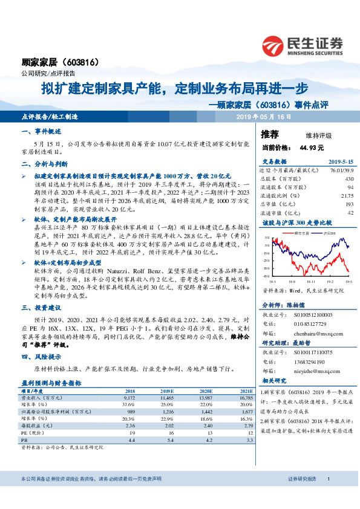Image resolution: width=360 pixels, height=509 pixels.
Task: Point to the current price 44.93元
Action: (x=295, y=147)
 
